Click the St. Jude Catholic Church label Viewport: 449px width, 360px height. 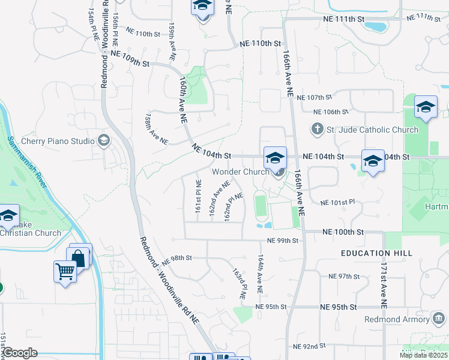pyautogui.click(x=372, y=130)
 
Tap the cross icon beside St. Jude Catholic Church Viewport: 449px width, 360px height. pyautogui.click(x=318, y=129)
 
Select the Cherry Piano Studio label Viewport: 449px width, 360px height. pyautogui.click(x=58, y=141)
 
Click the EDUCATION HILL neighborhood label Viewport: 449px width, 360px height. pyautogui.click(x=376, y=253)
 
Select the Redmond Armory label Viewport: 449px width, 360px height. pyautogui.click(x=396, y=319)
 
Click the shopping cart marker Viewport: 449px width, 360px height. pyautogui.click(x=65, y=271)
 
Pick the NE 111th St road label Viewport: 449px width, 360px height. pyautogui.click(x=343, y=19)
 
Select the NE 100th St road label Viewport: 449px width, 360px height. pyautogui.click(x=343, y=232)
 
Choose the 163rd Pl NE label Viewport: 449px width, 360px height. pyautogui.click(x=240, y=284)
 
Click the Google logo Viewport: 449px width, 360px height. pyautogui.click(x=20, y=353)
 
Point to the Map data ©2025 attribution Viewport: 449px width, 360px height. pyautogui.click(x=423, y=355)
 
